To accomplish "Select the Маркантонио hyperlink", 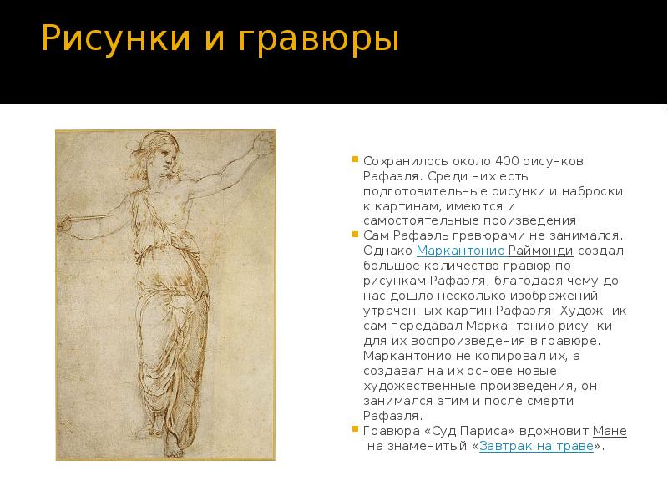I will click(459, 250).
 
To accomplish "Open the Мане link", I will click(610, 431).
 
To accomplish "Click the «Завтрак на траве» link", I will click(537, 446).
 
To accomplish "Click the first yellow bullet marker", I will click(355, 159).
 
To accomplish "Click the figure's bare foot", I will click(172, 449).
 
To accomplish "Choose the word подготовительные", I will click(416, 190).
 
